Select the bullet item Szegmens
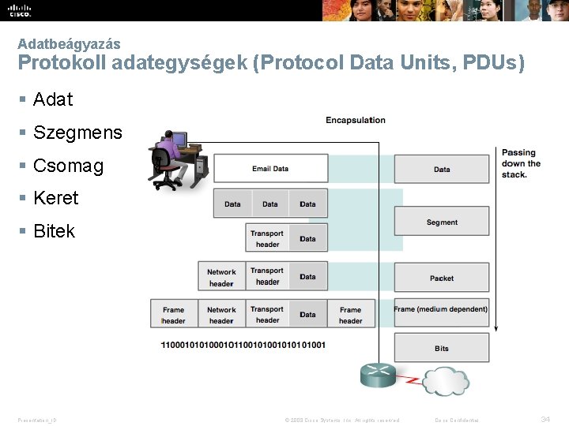click(x=77, y=133)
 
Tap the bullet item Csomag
click(x=68, y=166)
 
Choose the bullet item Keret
click(x=56, y=198)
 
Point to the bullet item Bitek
click(x=54, y=231)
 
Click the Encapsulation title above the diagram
click(x=356, y=120)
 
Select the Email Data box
click(x=270, y=168)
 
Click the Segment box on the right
click(x=442, y=222)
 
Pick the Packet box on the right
click(x=442, y=278)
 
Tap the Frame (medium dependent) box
click(x=441, y=309)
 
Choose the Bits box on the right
click(x=442, y=348)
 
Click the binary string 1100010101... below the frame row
click(x=243, y=345)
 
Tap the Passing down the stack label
click(x=521, y=163)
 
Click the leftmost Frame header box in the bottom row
click(x=173, y=315)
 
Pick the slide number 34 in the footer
click(x=545, y=419)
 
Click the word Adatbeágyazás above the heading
click(x=69, y=44)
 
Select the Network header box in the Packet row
click(x=221, y=277)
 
